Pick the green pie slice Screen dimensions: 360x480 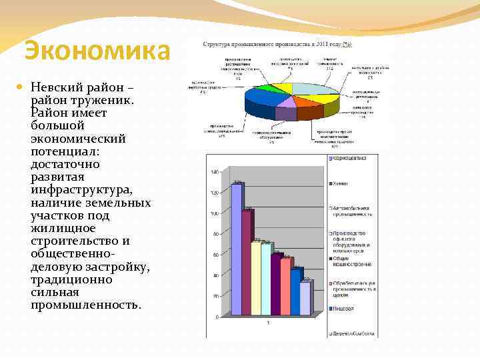tap(267, 88)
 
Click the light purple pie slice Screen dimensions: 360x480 tap(287, 102)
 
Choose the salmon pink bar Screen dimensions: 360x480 tap(285, 287)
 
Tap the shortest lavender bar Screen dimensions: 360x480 tap(305, 298)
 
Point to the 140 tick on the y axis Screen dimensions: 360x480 tap(214, 172)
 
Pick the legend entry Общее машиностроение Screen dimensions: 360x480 tap(352, 261)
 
